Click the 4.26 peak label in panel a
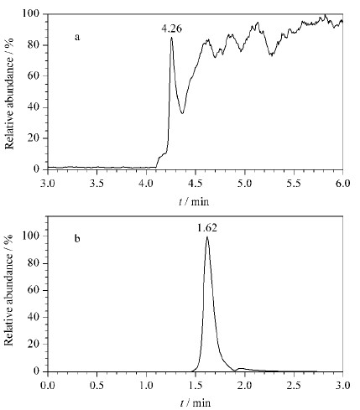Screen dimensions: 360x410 171,29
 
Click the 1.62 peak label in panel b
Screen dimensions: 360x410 207,228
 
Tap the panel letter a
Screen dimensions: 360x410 77,37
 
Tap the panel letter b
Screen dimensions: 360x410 77,238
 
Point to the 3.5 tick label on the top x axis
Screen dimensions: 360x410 97,184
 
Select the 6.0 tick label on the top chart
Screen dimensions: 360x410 342,184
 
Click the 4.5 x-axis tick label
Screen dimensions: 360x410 196,184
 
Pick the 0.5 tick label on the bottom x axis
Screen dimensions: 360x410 97,386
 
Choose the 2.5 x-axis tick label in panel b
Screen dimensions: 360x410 294,386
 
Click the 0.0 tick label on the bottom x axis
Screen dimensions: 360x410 48,386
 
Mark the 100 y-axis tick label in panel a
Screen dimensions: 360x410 32,13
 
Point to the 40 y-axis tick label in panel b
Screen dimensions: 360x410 34,317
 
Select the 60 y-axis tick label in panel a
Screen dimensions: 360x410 34,75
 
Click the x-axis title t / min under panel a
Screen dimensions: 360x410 194,201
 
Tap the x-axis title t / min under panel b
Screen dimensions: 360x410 196,403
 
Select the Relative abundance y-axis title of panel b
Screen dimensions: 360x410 9,290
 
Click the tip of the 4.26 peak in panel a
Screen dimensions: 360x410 171,37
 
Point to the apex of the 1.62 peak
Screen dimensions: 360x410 207,236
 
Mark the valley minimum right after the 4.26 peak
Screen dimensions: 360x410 182,113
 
